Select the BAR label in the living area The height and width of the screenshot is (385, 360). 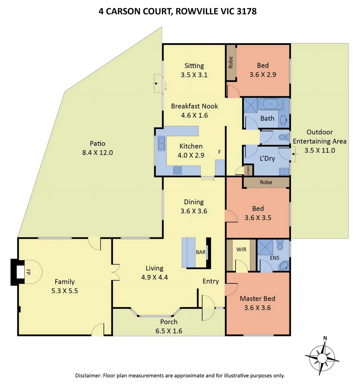point(200,252)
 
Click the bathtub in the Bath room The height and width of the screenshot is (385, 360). point(271,104)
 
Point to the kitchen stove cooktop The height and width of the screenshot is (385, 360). point(177,170)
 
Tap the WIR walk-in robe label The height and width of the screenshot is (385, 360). point(241,249)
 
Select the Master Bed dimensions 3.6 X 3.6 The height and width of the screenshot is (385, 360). point(257,307)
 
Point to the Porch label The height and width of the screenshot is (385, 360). point(169,322)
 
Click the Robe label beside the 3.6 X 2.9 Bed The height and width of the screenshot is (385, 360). point(231,63)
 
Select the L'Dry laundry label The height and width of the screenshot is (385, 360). point(267,158)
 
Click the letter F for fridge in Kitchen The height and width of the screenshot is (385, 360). point(220,152)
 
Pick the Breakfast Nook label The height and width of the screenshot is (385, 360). point(194,106)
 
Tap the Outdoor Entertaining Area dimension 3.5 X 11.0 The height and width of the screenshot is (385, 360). point(319,150)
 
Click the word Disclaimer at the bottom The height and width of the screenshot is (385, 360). point(88,375)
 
